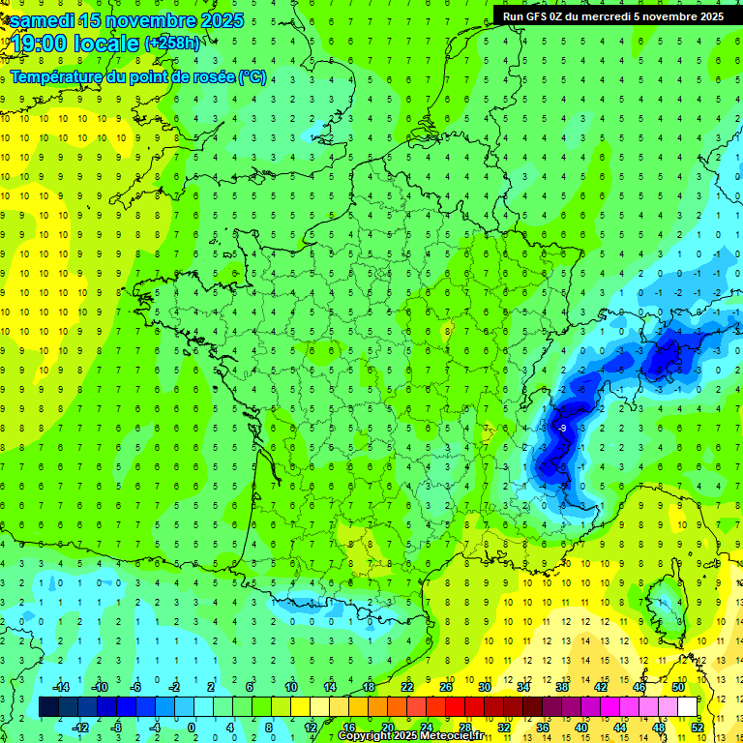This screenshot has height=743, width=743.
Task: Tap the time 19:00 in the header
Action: (39, 44)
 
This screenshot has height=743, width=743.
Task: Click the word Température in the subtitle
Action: (59, 77)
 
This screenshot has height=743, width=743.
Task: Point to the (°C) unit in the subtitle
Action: (253, 77)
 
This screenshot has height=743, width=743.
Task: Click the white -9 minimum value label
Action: (562, 427)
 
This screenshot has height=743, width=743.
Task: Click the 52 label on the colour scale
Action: (697, 727)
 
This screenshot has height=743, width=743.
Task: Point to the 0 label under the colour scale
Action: (191, 727)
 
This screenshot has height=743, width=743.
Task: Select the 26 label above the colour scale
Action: (446, 686)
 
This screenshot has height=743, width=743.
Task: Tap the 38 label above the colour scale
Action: (561, 686)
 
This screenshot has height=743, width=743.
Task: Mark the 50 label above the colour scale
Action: (677, 686)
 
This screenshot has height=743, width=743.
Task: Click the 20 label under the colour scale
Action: (387, 727)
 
